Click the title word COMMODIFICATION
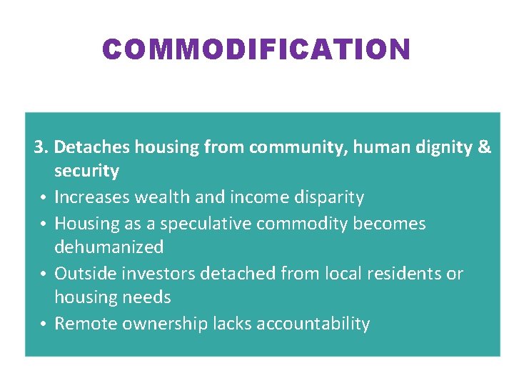256,49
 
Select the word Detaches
91,147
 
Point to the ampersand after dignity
484,147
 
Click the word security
86,172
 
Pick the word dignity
443,148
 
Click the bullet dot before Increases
44,198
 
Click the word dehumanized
109,247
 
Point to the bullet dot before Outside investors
44,274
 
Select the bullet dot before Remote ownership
44,325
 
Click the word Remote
86,324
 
